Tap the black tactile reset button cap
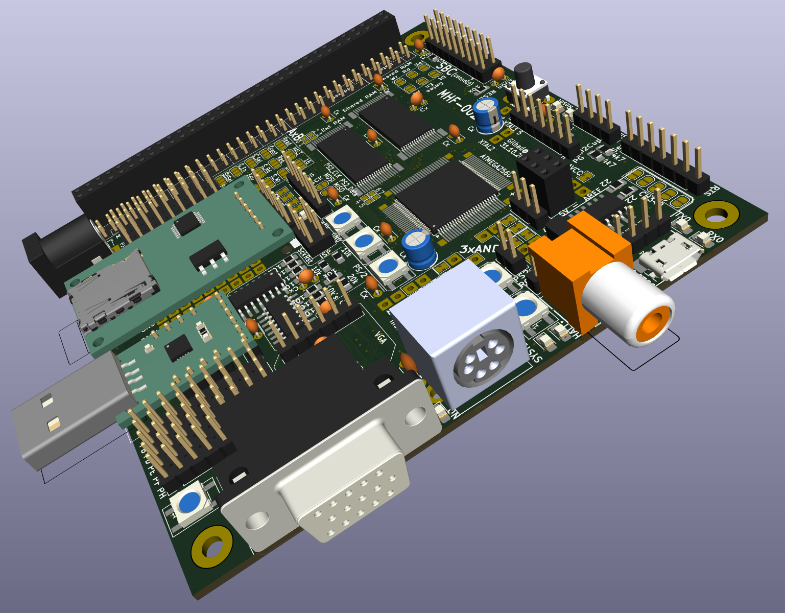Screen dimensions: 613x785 coord(524,76)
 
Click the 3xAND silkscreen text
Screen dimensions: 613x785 coord(479,248)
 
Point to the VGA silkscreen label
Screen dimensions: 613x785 coord(380,338)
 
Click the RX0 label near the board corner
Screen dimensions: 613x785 coord(715,238)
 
